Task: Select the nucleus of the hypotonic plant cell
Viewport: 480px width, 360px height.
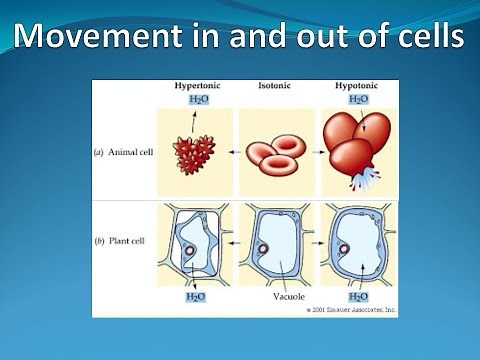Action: click(341, 248)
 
